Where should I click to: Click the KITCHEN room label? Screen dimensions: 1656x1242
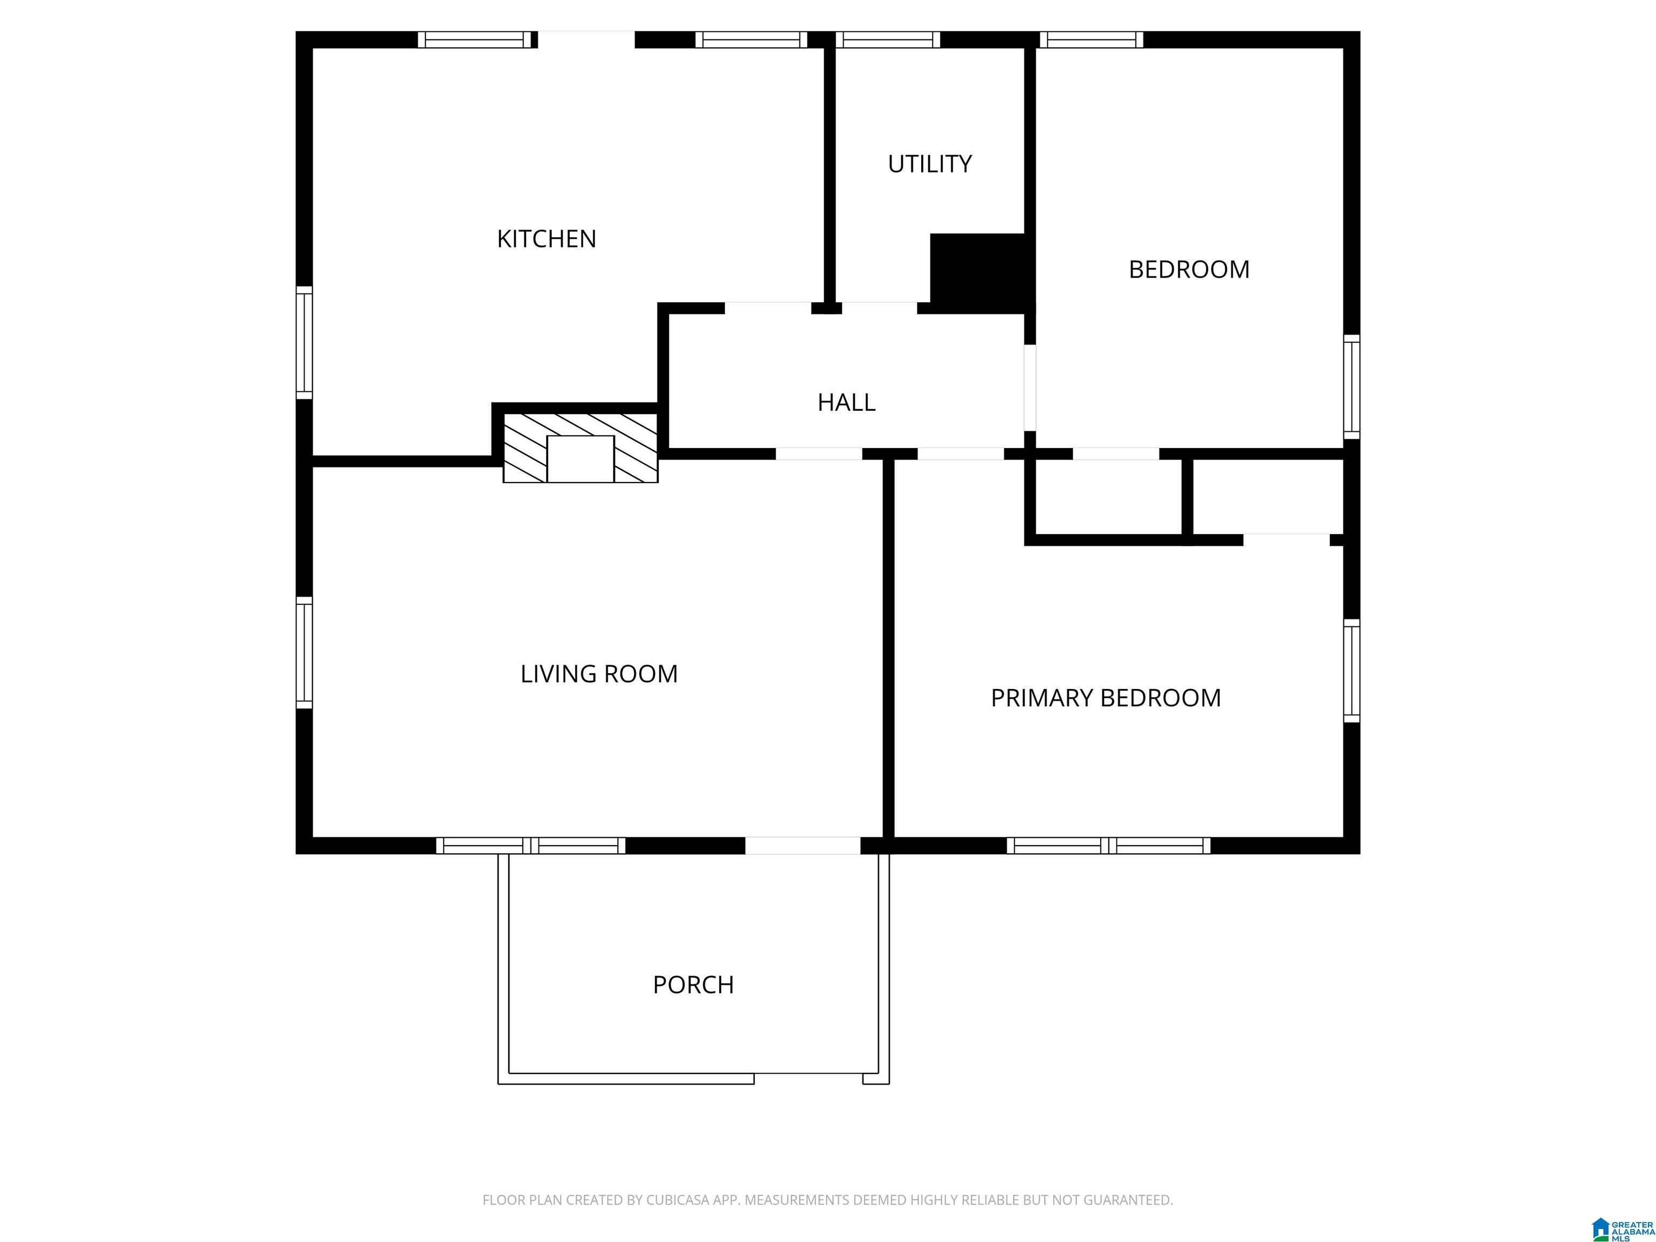point(547,239)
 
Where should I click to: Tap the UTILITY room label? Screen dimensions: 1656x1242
point(930,164)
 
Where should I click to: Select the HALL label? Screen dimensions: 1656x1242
point(847,403)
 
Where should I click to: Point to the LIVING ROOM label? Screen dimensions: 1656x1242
point(599,674)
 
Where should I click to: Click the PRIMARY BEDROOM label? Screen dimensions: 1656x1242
point(1106,698)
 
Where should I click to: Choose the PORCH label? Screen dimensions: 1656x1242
point(693,984)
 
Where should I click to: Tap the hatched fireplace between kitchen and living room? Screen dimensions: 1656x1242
point(580,447)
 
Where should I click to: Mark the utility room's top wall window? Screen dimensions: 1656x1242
point(887,40)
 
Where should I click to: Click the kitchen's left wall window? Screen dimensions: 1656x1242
point(304,342)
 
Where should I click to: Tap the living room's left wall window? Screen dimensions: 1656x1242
point(304,652)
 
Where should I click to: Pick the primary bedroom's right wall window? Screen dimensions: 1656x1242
point(1351,671)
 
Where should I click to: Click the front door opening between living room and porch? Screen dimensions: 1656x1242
point(803,846)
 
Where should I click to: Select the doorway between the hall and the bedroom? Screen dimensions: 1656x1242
point(1030,388)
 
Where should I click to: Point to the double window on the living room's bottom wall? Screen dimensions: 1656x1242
point(531,846)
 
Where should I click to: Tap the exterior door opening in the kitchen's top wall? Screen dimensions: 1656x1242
point(586,40)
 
